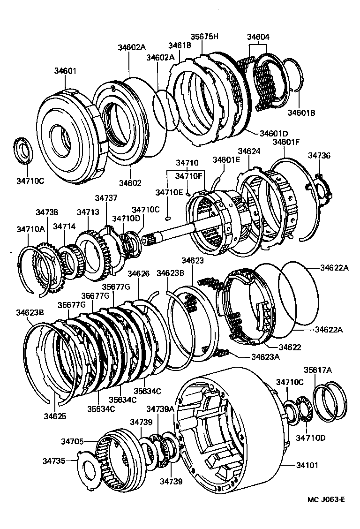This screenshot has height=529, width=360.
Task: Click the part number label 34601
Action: pyautogui.click(x=65, y=71)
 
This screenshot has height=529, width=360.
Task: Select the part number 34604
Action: pyautogui.click(x=258, y=37)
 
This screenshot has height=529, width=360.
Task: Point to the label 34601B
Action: pyautogui.click(x=301, y=113)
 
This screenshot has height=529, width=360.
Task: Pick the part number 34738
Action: pyautogui.click(x=47, y=212)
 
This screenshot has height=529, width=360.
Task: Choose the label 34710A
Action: pyautogui.click(x=31, y=229)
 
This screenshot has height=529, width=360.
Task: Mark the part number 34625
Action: pyautogui.click(x=55, y=416)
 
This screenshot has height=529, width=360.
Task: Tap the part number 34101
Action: pyautogui.click(x=307, y=465)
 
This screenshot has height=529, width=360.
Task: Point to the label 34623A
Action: pyautogui.click(x=265, y=356)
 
